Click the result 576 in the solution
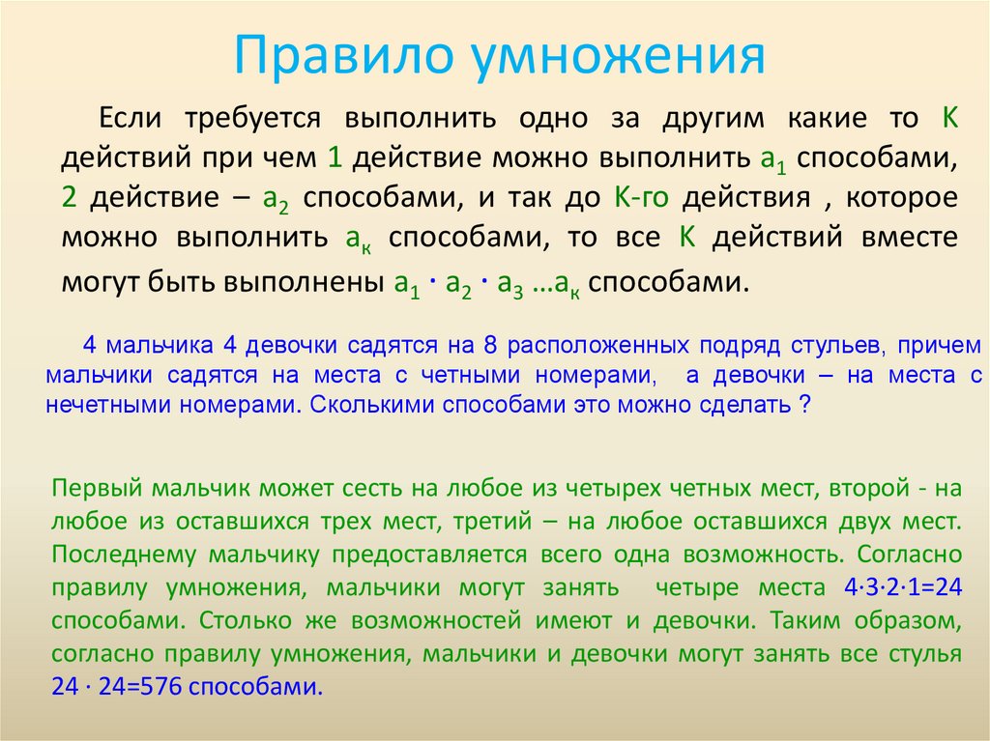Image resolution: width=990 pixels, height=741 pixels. [163, 688]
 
